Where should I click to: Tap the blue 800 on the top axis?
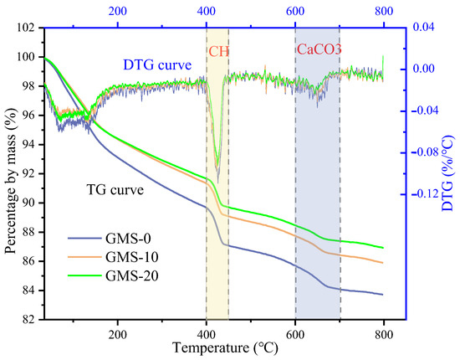383,12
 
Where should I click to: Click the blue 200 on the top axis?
117,12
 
